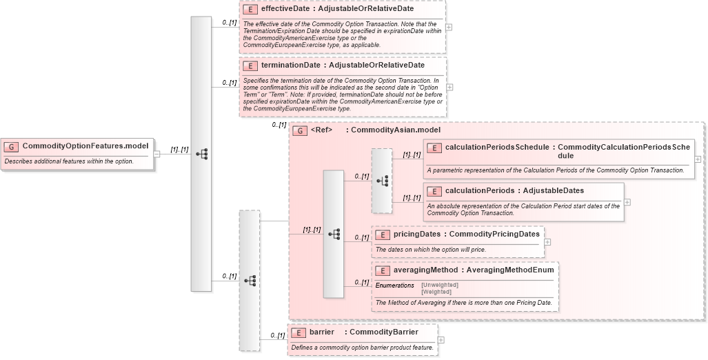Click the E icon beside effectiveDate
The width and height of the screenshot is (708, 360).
tap(250, 10)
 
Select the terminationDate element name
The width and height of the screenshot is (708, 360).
tap(290, 66)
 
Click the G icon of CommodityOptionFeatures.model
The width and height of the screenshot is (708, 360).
tap(12, 146)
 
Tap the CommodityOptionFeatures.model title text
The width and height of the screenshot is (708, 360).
tap(85, 146)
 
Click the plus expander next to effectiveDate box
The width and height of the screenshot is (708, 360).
tap(449, 27)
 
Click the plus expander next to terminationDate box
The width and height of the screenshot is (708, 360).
tap(449, 88)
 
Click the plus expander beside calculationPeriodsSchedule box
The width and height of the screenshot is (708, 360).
tap(698, 159)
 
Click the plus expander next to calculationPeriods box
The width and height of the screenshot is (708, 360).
tap(627, 202)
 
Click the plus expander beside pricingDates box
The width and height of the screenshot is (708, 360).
tap(547, 242)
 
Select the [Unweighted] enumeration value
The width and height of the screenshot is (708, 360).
tap(439, 285)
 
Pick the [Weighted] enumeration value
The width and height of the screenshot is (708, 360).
tap(436, 292)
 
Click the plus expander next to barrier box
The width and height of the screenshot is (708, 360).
tap(441, 340)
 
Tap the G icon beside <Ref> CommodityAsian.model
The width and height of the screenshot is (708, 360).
tap(300, 130)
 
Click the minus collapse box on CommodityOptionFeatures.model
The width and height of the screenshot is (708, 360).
tap(156, 154)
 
